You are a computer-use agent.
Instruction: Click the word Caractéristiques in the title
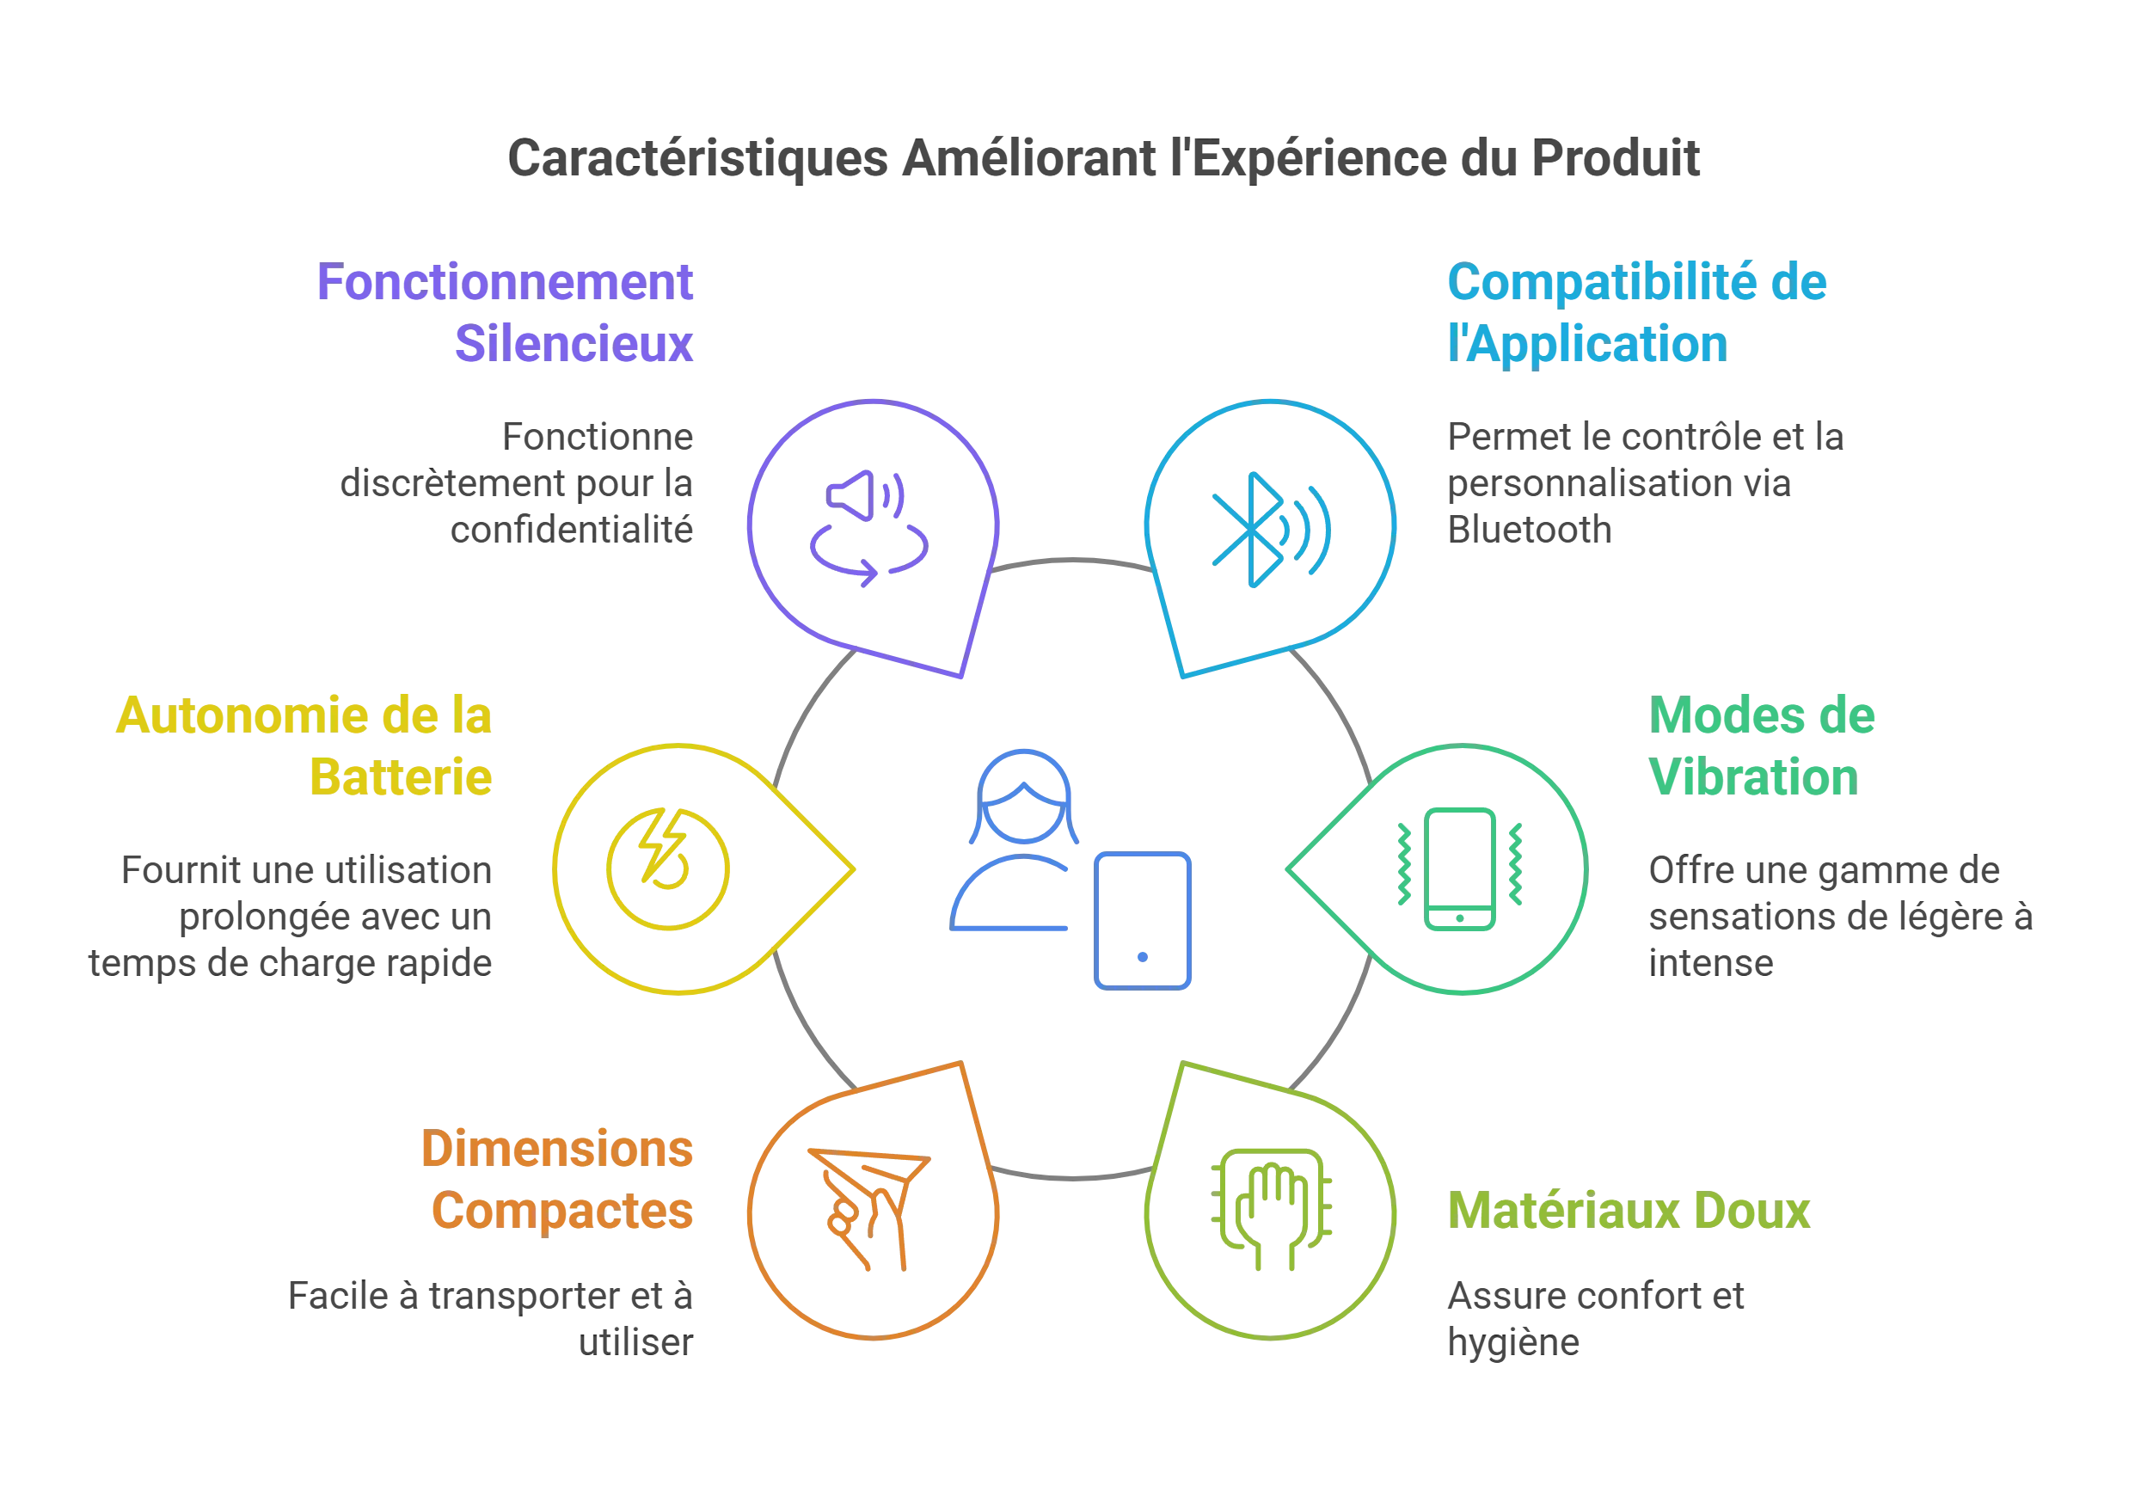tap(697, 158)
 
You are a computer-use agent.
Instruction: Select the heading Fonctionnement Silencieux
tap(506, 312)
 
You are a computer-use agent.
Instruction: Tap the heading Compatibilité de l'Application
tap(1636, 312)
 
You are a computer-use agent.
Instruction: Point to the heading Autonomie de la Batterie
tap(304, 746)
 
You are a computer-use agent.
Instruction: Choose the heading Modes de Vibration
tap(1762, 746)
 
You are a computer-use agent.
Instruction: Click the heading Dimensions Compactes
tap(558, 1180)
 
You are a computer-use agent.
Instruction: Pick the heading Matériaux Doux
tap(1629, 1211)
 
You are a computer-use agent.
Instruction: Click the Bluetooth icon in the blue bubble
tap(1271, 530)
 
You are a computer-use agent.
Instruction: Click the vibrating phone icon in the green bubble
tap(1460, 869)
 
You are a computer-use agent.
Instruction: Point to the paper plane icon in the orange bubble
tap(869, 1210)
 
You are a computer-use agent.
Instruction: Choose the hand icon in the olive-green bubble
tap(1272, 1210)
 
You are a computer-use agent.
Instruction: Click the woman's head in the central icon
tap(1024, 796)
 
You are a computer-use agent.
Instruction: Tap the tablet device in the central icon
tap(1143, 920)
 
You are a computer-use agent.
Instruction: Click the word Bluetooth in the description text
tap(1530, 530)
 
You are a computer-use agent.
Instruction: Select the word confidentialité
tap(572, 530)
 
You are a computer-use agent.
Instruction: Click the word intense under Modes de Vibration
tap(1711, 962)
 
